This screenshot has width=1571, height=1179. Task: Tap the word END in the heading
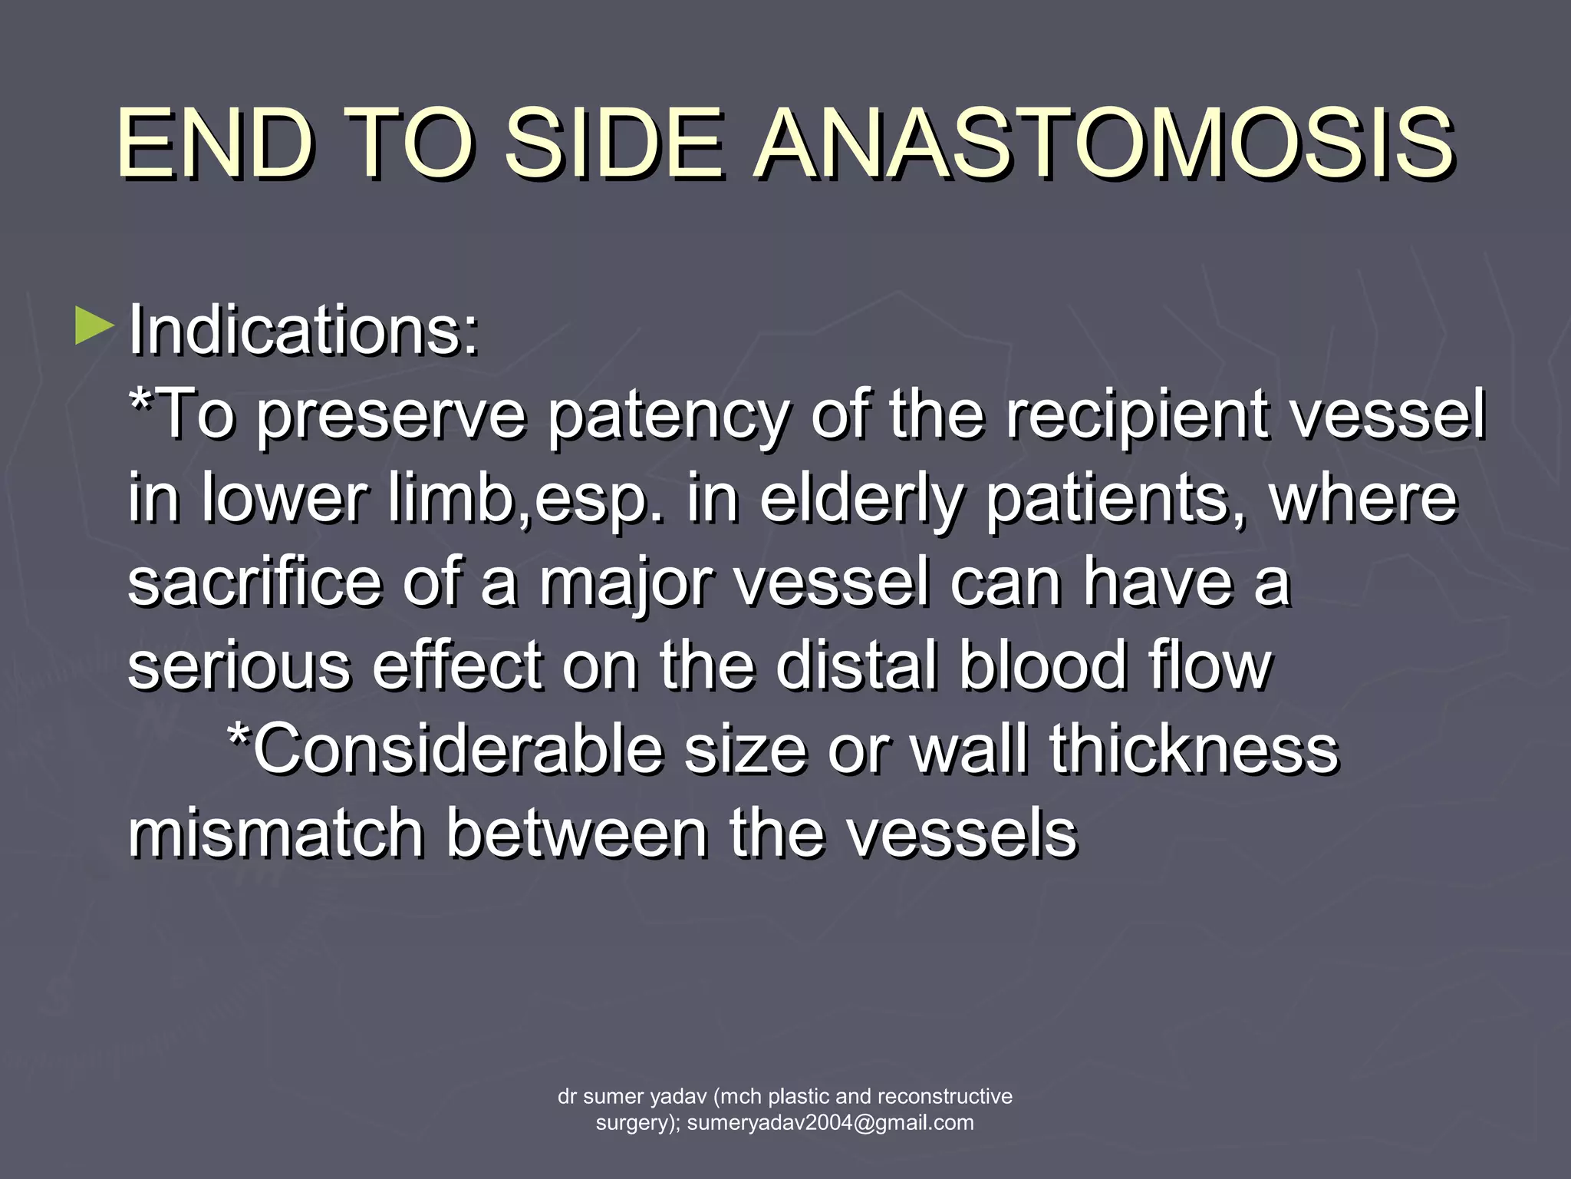(215, 144)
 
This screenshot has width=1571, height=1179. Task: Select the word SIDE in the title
(613, 144)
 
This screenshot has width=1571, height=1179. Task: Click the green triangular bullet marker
(94, 325)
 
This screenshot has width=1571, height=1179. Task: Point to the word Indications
(304, 330)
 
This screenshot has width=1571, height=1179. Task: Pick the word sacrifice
(254, 582)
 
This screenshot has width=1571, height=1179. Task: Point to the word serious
(239, 665)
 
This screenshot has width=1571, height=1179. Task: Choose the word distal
(855, 665)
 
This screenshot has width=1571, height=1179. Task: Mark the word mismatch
(275, 834)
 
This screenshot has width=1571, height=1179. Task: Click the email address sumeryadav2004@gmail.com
(830, 1123)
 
